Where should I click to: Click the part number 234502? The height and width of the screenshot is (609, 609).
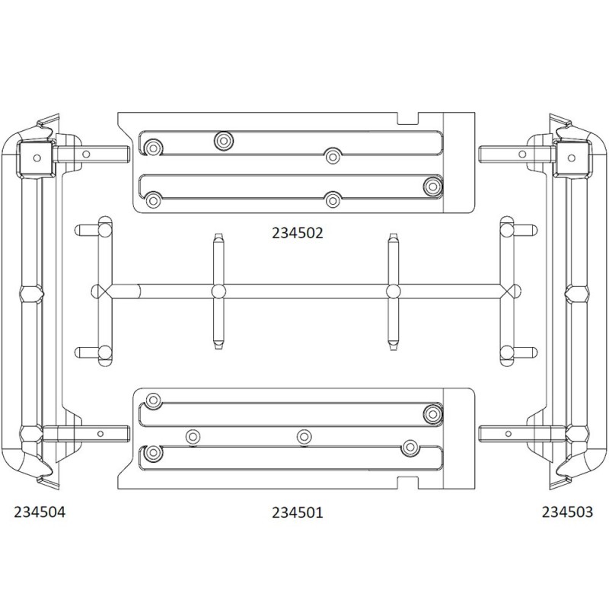[297, 233]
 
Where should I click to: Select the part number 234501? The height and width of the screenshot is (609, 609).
[297, 512]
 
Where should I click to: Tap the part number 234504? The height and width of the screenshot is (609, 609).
[40, 512]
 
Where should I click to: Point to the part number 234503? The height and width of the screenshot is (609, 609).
[567, 512]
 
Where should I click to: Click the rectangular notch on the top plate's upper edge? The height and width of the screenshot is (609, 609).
[408, 118]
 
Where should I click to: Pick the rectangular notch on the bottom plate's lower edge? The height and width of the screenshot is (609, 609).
[408, 483]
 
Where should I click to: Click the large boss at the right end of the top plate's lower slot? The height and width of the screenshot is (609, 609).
[432, 187]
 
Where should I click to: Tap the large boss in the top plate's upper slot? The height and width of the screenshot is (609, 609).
[224, 140]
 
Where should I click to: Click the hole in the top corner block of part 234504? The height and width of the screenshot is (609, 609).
[37, 158]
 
